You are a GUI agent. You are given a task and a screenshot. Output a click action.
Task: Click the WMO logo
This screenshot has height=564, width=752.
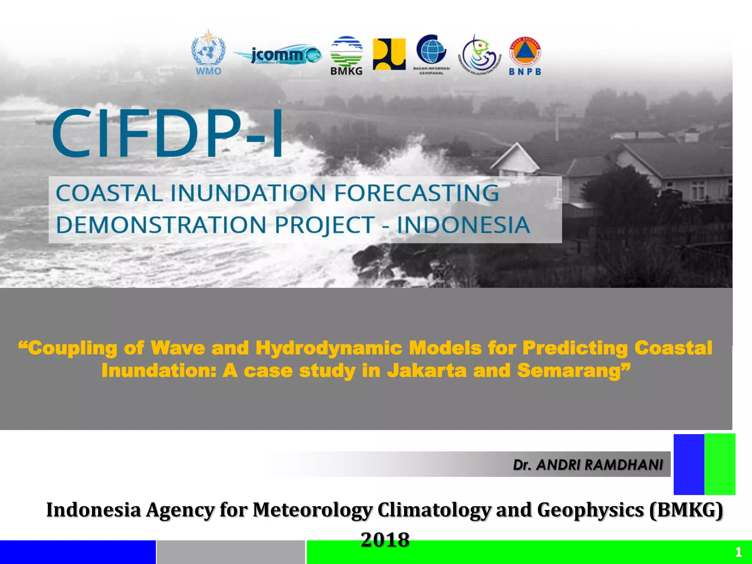point(208,53)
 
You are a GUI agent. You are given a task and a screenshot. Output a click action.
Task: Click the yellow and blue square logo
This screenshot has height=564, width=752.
point(389,54)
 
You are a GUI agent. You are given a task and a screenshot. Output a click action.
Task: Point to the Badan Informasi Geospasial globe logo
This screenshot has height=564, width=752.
point(431,54)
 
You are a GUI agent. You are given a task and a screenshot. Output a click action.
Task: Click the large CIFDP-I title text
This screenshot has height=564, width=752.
point(168,133)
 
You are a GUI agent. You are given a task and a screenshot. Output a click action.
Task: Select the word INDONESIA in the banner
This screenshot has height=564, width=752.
point(463,225)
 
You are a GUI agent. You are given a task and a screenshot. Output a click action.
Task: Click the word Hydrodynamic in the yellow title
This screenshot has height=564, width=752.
point(329,348)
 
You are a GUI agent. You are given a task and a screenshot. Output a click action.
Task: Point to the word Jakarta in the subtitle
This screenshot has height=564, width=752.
point(426,370)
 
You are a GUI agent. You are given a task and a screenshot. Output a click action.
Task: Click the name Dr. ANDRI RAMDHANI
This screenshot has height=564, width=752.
point(587,465)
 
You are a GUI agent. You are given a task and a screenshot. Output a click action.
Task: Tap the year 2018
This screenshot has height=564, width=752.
point(385,540)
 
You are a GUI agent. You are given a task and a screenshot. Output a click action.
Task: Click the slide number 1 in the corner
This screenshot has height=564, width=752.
point(738,552)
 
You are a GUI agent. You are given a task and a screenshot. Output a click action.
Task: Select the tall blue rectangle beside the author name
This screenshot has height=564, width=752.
point(688,464)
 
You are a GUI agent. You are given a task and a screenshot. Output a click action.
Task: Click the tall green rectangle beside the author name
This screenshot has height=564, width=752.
point(720,464)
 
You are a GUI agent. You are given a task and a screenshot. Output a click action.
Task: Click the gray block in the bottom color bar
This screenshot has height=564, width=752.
point(231,552)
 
